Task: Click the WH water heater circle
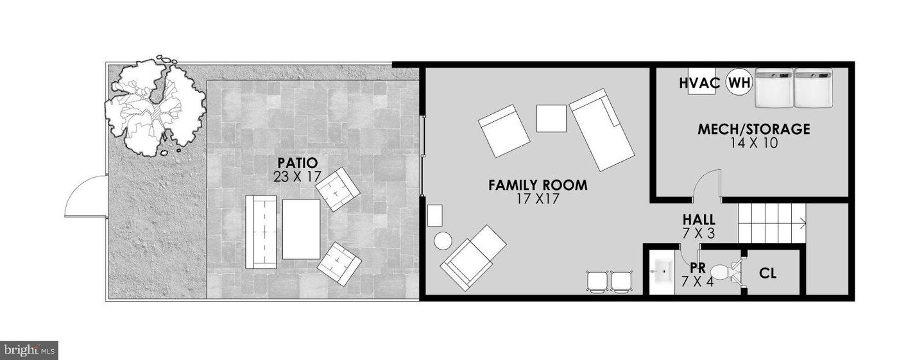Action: [739, 83]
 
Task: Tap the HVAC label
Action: [699, 83]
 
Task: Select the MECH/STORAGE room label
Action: [753, 129]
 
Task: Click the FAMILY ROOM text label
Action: [538, 185]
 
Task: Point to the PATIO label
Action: [298, 162]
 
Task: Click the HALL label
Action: [699, 219]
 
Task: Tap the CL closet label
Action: [767, 273]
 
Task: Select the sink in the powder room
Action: [662, 271]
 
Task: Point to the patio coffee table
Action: [301, 229]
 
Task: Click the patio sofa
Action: [261, 232]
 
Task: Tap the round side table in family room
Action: [443, 241]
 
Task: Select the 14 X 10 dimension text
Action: [754, 144]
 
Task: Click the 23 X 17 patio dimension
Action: [297, 177]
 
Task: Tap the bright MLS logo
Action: [29, 350]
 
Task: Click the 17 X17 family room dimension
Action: [538, 199]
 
